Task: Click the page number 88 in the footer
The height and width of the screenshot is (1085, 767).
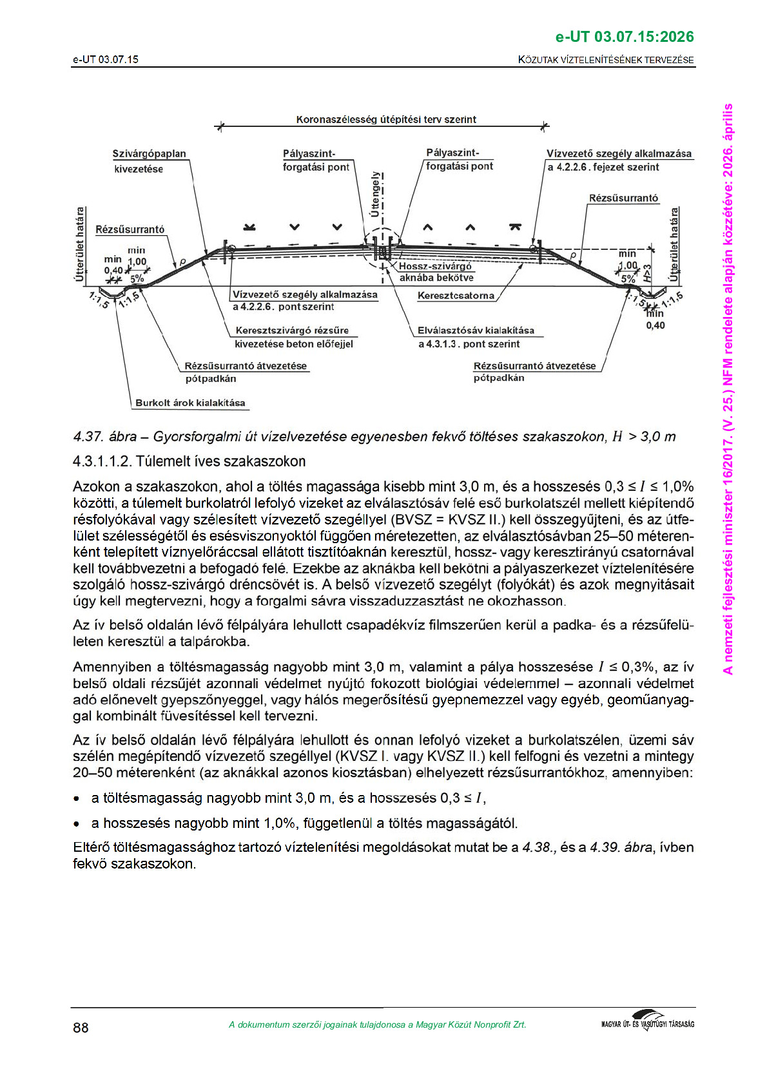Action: (x=81, y=1027)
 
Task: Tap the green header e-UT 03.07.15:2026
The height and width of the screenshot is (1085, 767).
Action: (x=624, y=37)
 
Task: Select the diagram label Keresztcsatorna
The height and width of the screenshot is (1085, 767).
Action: (x=456, y=296)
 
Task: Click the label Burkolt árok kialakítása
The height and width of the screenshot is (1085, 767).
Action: (x=190, y=403)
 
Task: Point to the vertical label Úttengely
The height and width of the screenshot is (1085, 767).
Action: (x=374, y=194)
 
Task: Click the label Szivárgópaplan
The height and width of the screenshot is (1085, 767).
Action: (x=149, y=154)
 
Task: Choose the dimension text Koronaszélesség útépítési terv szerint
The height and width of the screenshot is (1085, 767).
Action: (x=386, y=119)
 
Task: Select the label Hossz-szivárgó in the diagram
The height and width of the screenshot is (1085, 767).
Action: (x=435, y=266)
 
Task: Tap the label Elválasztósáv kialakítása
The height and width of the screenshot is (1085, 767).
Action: (x=476, y=331)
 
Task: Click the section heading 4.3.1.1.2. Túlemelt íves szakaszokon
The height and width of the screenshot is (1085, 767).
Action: (x=189, y=461)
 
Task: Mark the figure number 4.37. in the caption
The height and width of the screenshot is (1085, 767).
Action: (x=89, y=437)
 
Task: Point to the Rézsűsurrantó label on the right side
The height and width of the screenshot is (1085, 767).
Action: (x=623, y=198)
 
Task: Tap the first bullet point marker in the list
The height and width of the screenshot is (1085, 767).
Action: (x=77, y=799)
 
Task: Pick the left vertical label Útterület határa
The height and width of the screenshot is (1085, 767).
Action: (x=80, y=244)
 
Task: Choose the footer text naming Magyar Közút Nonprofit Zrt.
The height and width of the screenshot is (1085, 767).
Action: (x=377, y=1024)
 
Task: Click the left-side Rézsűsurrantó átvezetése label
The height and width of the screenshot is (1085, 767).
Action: (x=246, y=366)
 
